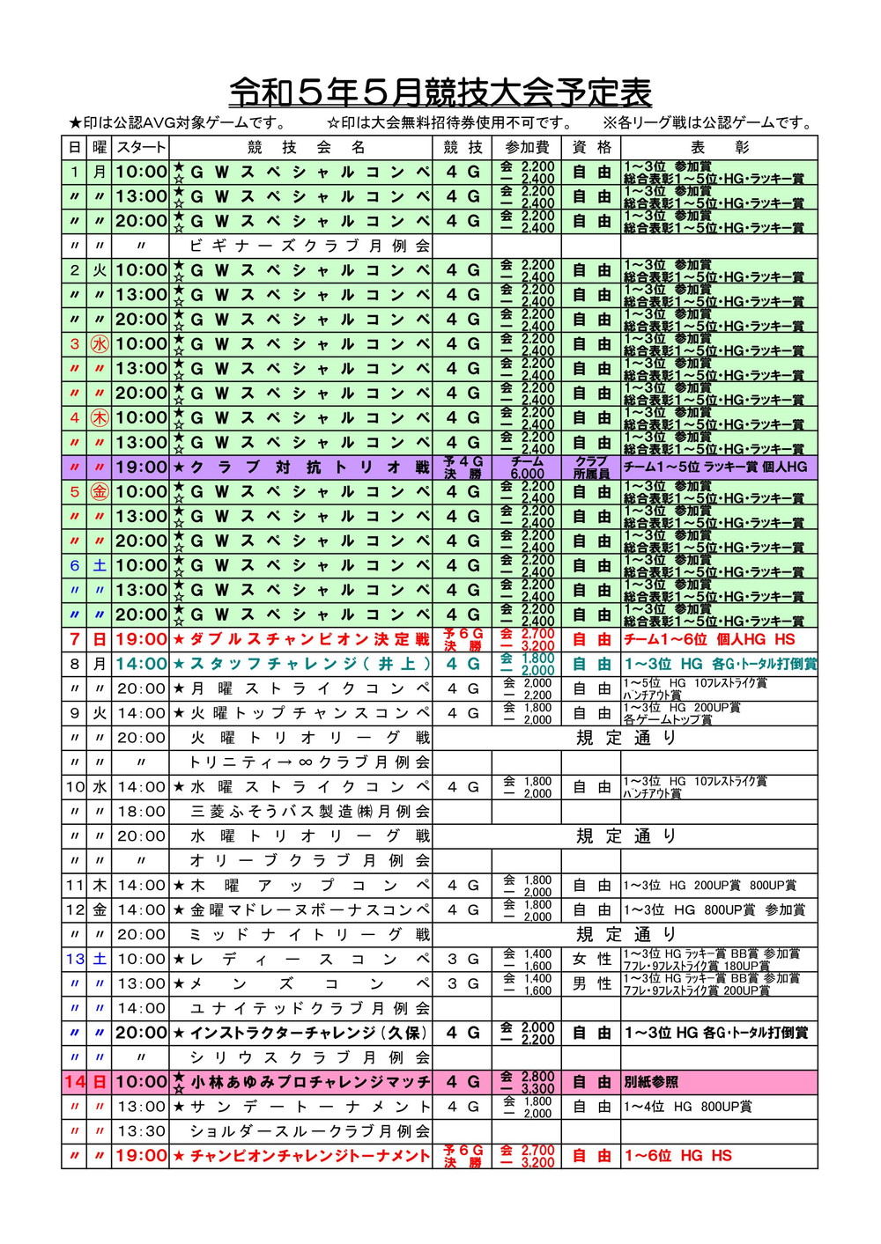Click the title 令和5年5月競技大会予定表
pos(440,92)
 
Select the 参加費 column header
pos(527,147)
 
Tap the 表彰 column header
pos(719,147)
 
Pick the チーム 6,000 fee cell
pos(527,467)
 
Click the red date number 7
pos(75,639)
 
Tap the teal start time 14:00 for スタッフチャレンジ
pos(141,664)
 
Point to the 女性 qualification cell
pos(591,960)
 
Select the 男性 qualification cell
pos(591,984)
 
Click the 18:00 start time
pos(141,812)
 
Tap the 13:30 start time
pos(141,1131)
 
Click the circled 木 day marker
pos(100,418)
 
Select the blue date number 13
pos(75,960)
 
